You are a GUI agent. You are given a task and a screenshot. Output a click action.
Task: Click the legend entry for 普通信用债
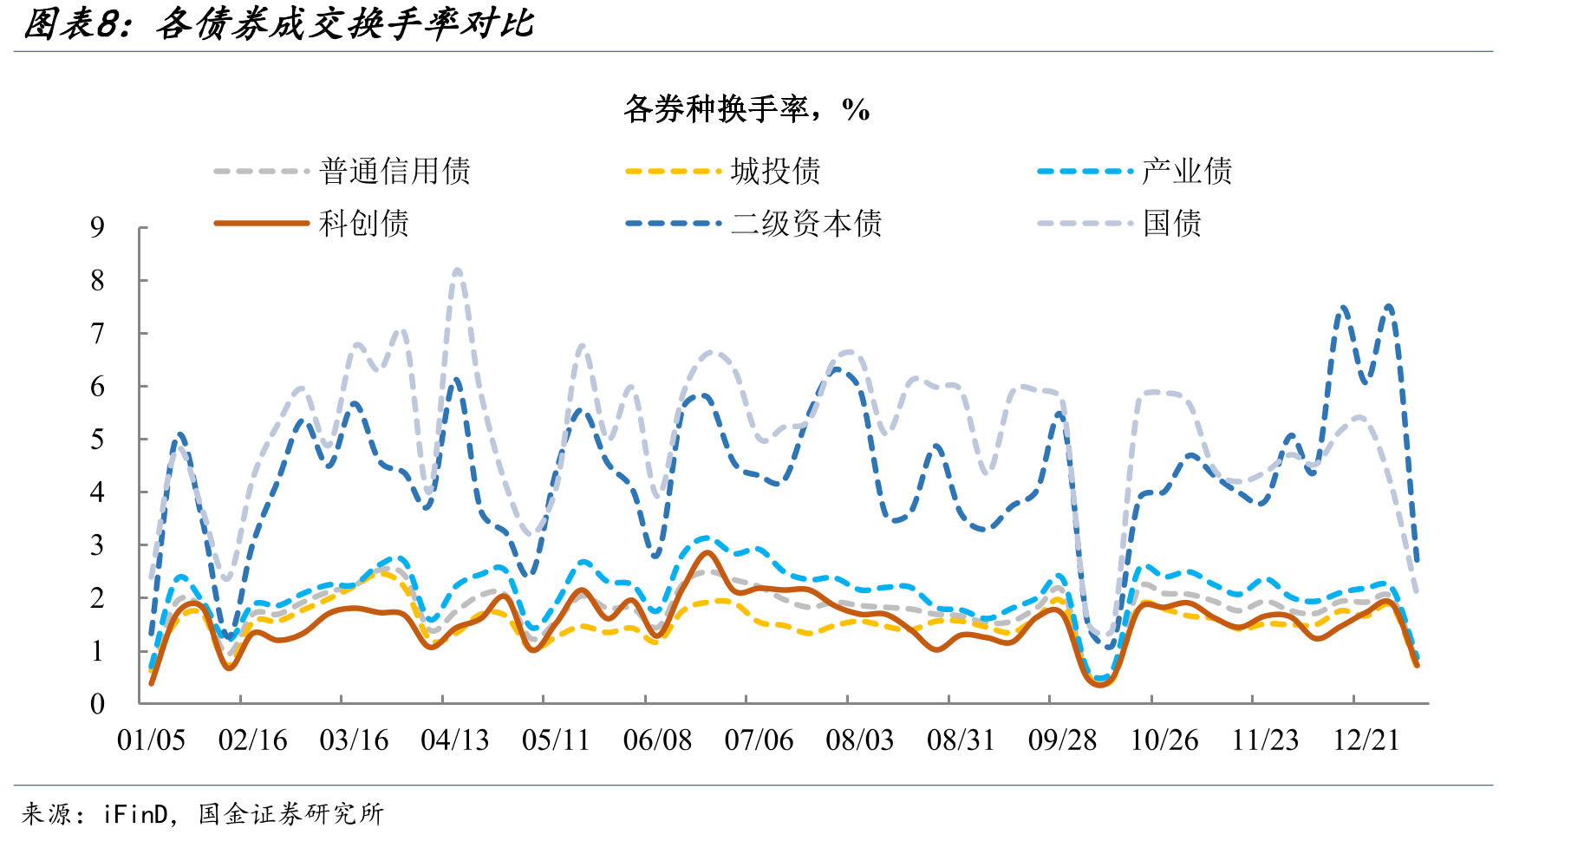point(342,171)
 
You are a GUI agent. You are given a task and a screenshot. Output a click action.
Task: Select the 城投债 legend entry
point(722,171)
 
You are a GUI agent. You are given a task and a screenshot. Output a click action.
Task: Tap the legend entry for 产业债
point(1134,171)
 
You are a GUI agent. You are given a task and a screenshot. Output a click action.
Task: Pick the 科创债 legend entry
point(311,223)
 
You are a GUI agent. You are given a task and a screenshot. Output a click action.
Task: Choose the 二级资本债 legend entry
point(753,223)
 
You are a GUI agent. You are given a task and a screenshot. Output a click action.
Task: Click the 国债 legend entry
point(1118,223)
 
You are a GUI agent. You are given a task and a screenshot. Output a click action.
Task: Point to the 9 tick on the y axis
point(98,227)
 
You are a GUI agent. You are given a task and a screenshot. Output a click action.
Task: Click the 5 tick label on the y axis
point(98,440)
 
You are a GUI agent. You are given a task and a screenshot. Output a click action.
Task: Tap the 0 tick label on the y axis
point(98,703)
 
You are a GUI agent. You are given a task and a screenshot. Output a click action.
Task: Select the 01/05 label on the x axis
point(152,740)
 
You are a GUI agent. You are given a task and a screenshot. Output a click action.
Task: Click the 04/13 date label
point(455,740)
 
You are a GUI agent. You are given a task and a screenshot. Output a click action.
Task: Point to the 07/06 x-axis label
point(759,740)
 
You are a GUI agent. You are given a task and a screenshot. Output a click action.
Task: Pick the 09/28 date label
point(1063,740)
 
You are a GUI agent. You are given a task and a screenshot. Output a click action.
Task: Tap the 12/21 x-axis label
point(1366,740)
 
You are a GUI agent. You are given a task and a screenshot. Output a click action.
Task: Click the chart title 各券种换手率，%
point(746,109)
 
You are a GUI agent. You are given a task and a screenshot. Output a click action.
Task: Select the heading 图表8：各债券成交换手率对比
point(278,24)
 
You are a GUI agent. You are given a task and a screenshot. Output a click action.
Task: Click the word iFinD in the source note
point(136,813)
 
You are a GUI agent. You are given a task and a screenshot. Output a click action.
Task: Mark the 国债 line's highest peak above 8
point(458,271)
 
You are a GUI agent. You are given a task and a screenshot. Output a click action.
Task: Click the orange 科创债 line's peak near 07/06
point(707,552)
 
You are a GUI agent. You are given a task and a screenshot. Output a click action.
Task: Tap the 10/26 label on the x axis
point(1164,740)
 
